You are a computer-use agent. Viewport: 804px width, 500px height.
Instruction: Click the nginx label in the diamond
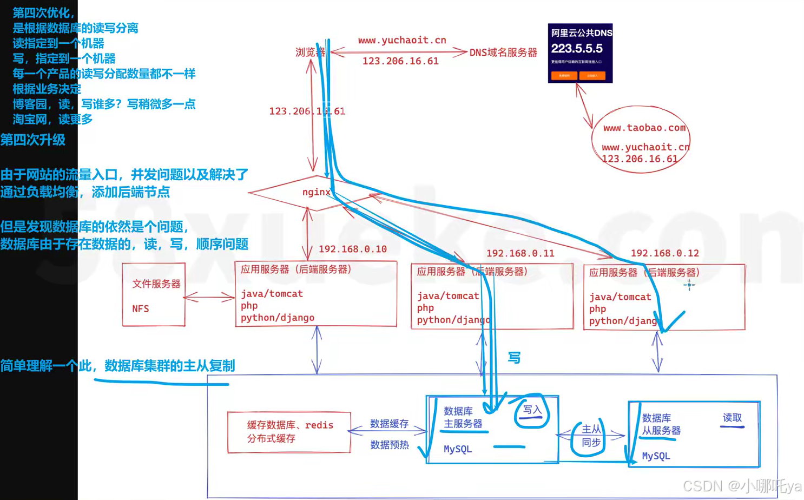click(316, 192)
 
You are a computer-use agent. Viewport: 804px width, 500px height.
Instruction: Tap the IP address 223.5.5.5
click(577, 49)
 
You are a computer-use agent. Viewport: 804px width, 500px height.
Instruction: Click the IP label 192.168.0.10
click(352, 249)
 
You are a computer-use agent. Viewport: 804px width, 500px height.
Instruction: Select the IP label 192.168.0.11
click(520, 253)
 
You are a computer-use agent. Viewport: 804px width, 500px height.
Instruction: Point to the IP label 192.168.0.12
click(664, 253)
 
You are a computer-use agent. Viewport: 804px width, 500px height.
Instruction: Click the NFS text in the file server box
click(141, 308)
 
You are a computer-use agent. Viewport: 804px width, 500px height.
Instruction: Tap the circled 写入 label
click(532, 410)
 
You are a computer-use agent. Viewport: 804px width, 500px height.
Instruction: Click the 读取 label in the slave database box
click(732, 418)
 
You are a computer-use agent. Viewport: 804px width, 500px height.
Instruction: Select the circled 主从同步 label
click(591, 436)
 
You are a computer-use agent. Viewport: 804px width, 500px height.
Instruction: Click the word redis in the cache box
click(319, 425)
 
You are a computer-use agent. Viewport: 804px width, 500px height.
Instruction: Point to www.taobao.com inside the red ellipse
click(644, 128)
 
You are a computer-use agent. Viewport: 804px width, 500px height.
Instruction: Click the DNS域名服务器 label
click(503, 52)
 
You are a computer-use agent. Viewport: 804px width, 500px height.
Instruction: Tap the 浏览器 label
click(310, 52)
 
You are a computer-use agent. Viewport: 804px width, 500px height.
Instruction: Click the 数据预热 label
click(389, 445)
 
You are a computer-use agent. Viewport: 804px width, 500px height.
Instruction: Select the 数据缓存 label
click(389, 424)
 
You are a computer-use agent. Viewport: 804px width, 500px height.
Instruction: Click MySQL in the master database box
click(458, 449)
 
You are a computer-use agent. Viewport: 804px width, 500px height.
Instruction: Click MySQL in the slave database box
click(656, 456)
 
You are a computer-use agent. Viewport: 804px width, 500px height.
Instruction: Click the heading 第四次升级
click(32, 140)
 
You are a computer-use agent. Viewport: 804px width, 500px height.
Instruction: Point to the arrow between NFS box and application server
click(209, 297)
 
